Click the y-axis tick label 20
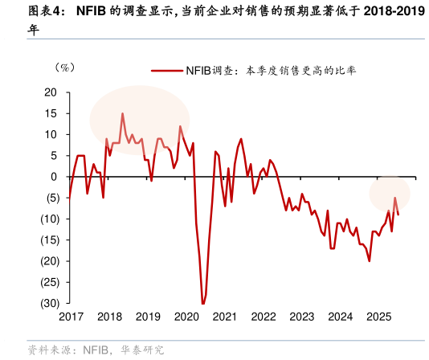point(51,92)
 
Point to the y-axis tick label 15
point(51,113)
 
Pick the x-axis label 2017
point(71,317)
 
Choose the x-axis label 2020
point(186,317)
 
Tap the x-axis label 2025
point(378,317)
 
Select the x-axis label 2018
point(109,317)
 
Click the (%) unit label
point(64,67)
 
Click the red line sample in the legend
point(167,71)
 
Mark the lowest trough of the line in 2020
point(203,303)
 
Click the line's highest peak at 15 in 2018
point(123,113)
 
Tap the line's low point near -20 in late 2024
point(370,260)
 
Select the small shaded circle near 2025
point(390,193)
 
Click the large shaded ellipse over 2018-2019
point(139,119)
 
